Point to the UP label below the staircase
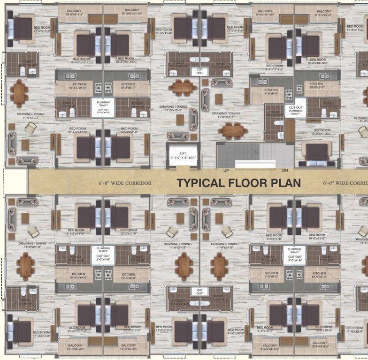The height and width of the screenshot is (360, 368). pos(226,171)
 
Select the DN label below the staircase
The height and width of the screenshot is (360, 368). pos(285,171)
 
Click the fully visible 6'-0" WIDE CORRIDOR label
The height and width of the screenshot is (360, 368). pos(125,183)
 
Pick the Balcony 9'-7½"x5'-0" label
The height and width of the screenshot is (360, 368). pos(323,13)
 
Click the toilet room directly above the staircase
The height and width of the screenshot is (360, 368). pos(274,123)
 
